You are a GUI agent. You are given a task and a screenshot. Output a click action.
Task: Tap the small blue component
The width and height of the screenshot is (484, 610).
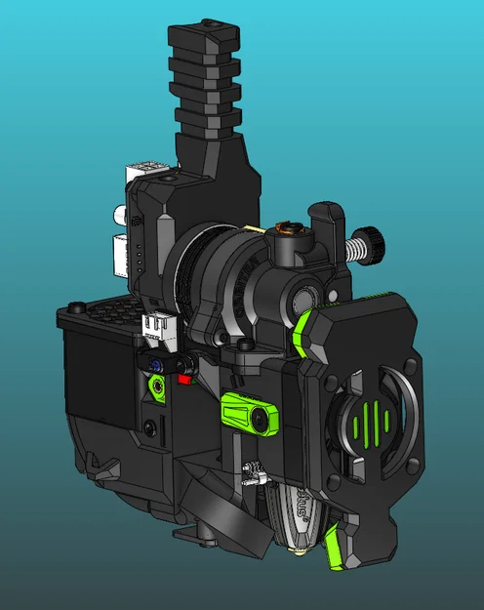coord(156,364)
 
